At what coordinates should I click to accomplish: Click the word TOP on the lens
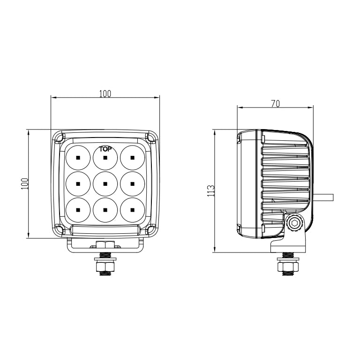pos(105,149)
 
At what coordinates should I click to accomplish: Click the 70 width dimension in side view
pos(275,104)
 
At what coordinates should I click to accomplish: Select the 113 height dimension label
pos(211,190)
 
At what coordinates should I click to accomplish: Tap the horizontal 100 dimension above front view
pos(105,93)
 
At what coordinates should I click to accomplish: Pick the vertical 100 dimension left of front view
pos(25,184)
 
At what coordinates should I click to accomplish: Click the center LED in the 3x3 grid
pos(105,184)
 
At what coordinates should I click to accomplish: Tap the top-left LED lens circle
pos(78,158)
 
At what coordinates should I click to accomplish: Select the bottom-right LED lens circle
pos(132,210)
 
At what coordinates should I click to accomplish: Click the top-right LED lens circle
pos(132,158)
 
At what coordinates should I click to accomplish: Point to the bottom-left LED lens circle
pos(78,210)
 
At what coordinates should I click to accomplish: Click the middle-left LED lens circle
pos(78,184)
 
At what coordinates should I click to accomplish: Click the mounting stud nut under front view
pos(105,267)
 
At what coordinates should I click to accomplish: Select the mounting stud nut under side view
pos(287,267)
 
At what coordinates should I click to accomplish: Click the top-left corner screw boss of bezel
pos(59,138)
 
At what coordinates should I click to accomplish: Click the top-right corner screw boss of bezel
pos(151,138)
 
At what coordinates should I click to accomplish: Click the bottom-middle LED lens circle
pos(105,210)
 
